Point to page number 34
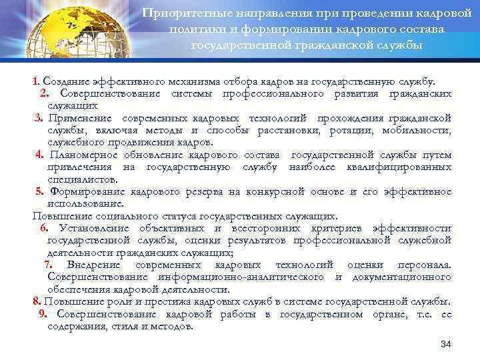point(447,343)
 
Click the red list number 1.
point(35,81)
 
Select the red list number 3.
point(39,118)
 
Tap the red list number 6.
point(43,229)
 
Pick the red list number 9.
point(43,314)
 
